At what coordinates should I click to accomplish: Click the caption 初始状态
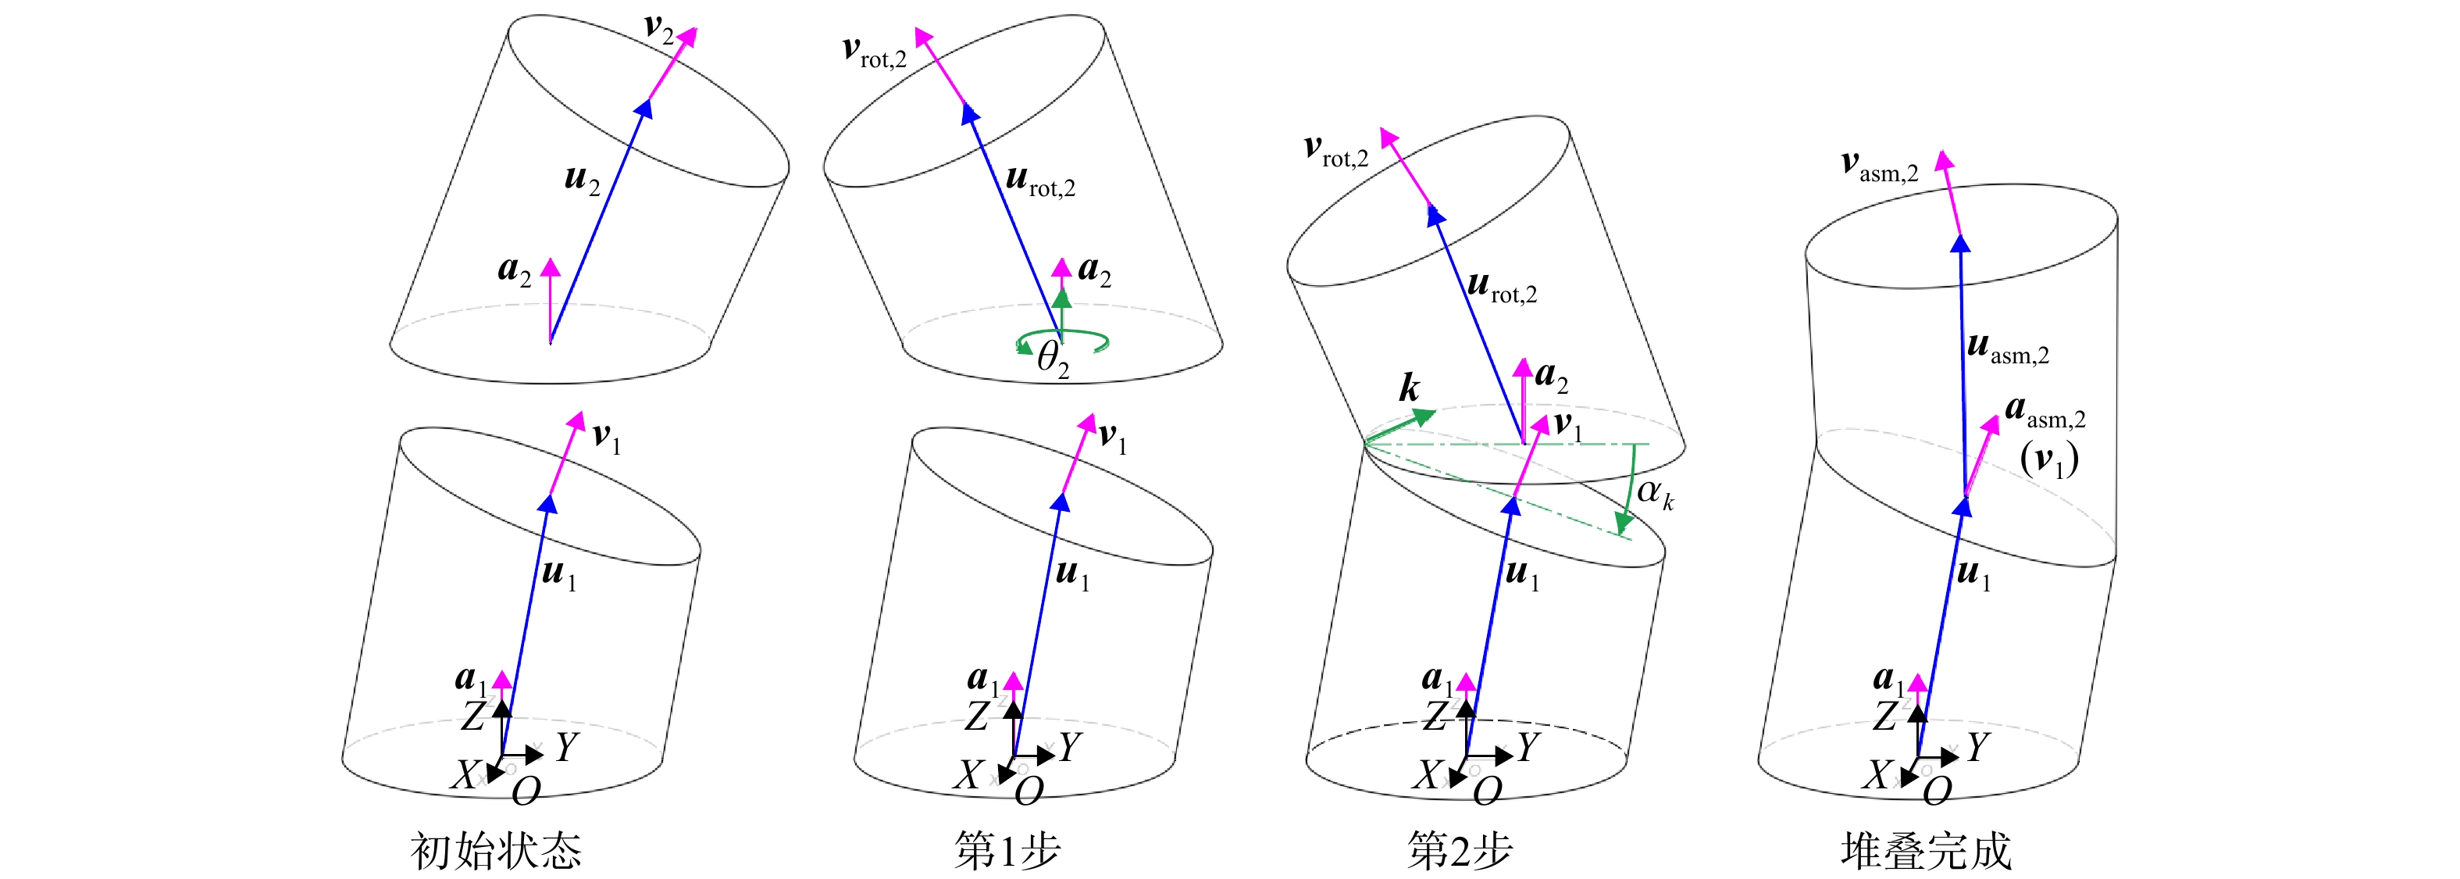click(496, 849)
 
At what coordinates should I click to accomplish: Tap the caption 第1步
click(1007, 849)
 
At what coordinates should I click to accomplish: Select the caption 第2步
click(1460, 849)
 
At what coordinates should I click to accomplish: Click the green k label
click(1410, 388)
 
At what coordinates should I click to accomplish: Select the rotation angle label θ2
click(1053, 360)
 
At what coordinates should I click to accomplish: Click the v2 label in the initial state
click(659, 29)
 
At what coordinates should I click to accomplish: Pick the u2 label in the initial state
click(583, 179)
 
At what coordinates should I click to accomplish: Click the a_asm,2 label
click(2045, 412)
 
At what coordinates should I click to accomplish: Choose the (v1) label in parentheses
click(2049, 459)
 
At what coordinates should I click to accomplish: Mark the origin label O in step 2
click(1488, 791)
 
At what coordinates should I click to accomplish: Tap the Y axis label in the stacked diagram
click(1977, 746)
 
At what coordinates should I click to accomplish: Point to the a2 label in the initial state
click(514, 270)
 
